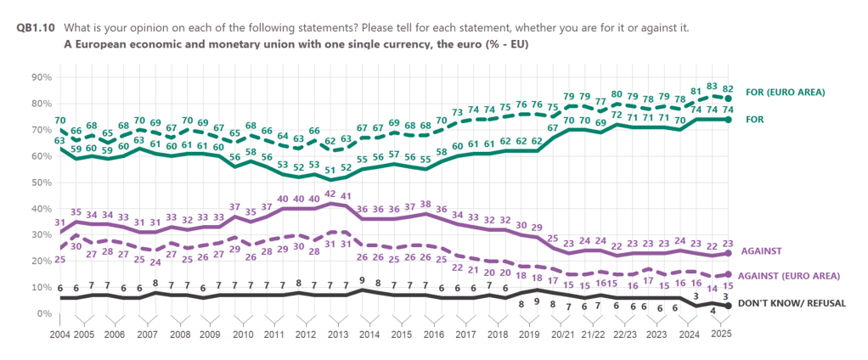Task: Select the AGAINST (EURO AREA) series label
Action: coord(790,277)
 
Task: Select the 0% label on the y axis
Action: coord(45,314)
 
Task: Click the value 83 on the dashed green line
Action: coord(712,87)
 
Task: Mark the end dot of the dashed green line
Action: coord(728,98)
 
